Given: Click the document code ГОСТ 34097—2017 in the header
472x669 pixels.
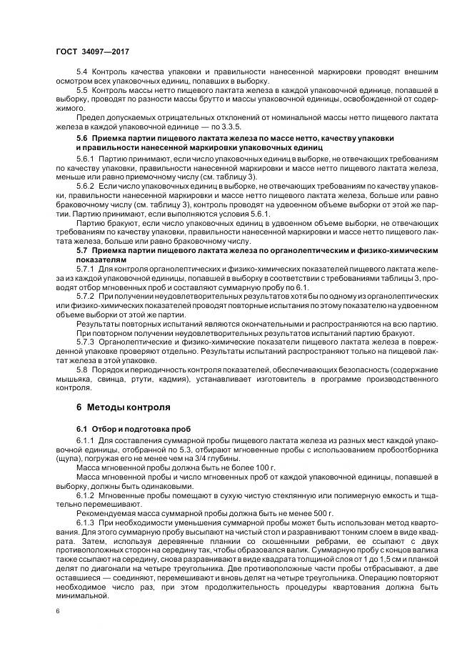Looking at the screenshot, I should click(92, 51).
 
